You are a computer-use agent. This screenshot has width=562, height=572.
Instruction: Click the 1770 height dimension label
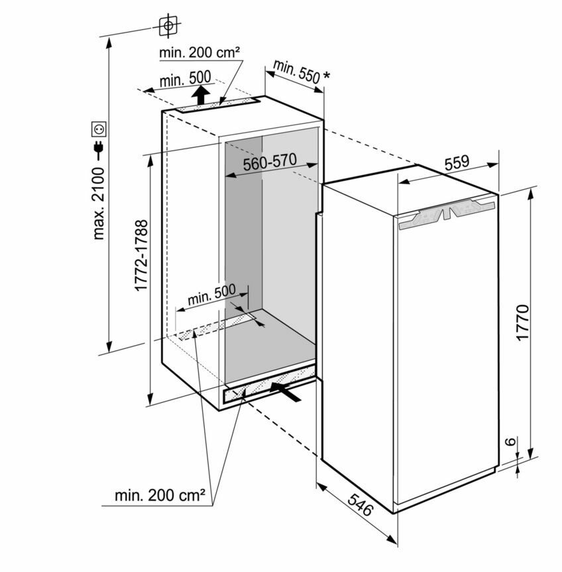coord(522,322)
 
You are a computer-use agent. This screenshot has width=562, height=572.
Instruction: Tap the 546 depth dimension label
coord(361,505)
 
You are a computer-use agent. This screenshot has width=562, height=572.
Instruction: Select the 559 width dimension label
coord(457,163)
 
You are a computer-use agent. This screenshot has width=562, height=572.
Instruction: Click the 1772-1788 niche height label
coord(141,255)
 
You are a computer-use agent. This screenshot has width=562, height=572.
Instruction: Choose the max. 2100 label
coord(99,203)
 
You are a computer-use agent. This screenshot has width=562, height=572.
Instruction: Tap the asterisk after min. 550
coord(327,76)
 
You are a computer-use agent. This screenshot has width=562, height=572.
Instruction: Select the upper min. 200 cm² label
coord(199,53)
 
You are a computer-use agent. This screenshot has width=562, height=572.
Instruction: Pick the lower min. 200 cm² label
coord(160,496)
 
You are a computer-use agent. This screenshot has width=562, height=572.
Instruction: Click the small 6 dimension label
coord(511,441)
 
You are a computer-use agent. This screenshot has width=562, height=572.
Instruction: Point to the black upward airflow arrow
coord(201,94)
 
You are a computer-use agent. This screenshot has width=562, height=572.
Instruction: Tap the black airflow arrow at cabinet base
coord(286,392)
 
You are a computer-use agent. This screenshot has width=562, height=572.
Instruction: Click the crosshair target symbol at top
coord(168,25)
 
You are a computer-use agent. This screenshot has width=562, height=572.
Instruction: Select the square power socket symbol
coord(99,129)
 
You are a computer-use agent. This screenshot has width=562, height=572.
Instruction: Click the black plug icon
coord(99,149)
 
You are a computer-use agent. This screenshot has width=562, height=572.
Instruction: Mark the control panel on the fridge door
coord(447,214)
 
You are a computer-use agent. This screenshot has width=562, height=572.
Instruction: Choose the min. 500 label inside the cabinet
coord(211,294)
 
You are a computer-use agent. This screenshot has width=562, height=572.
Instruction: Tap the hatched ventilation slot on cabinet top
coord(217,105)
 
